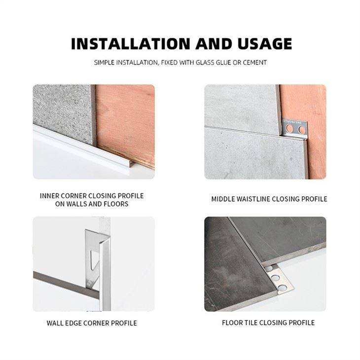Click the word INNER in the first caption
(49, 196)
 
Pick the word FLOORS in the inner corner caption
(114, 204)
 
